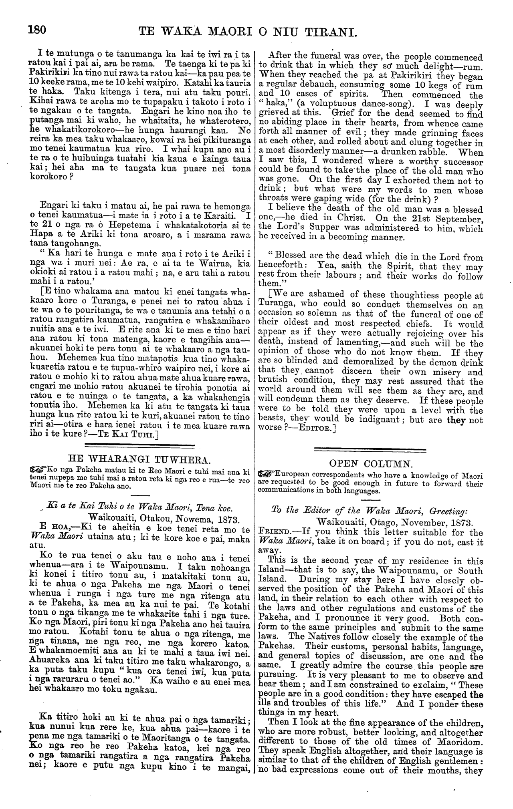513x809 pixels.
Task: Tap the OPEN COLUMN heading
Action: [x=371, y=464]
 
